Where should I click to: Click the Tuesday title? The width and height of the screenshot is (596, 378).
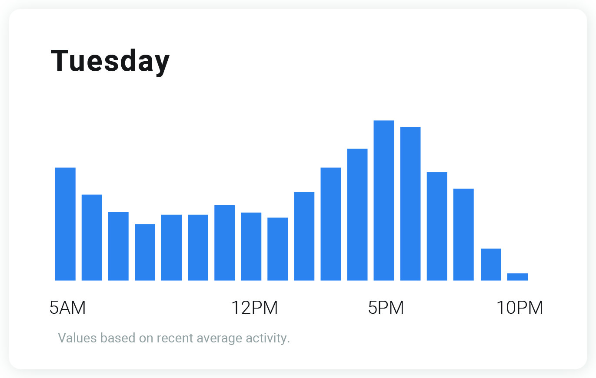110,61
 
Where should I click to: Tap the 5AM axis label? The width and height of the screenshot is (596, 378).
67,308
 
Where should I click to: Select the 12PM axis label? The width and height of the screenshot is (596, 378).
254,308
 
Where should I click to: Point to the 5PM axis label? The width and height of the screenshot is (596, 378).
386,308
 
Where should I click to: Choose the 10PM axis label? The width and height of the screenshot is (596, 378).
519,308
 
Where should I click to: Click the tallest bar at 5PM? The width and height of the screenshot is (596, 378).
384,200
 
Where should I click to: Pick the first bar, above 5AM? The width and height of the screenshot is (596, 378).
65,224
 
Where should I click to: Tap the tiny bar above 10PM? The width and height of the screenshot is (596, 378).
517,277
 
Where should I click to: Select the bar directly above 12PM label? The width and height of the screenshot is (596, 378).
251,247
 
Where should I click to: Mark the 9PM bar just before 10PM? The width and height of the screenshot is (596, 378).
491,264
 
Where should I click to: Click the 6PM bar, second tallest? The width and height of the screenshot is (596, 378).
410,204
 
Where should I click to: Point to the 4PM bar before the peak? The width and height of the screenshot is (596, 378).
357,214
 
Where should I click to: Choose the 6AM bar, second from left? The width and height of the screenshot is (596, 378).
92,237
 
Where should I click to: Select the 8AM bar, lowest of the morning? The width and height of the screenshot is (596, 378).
145,252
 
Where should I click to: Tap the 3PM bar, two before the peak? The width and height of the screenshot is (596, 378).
331,224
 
